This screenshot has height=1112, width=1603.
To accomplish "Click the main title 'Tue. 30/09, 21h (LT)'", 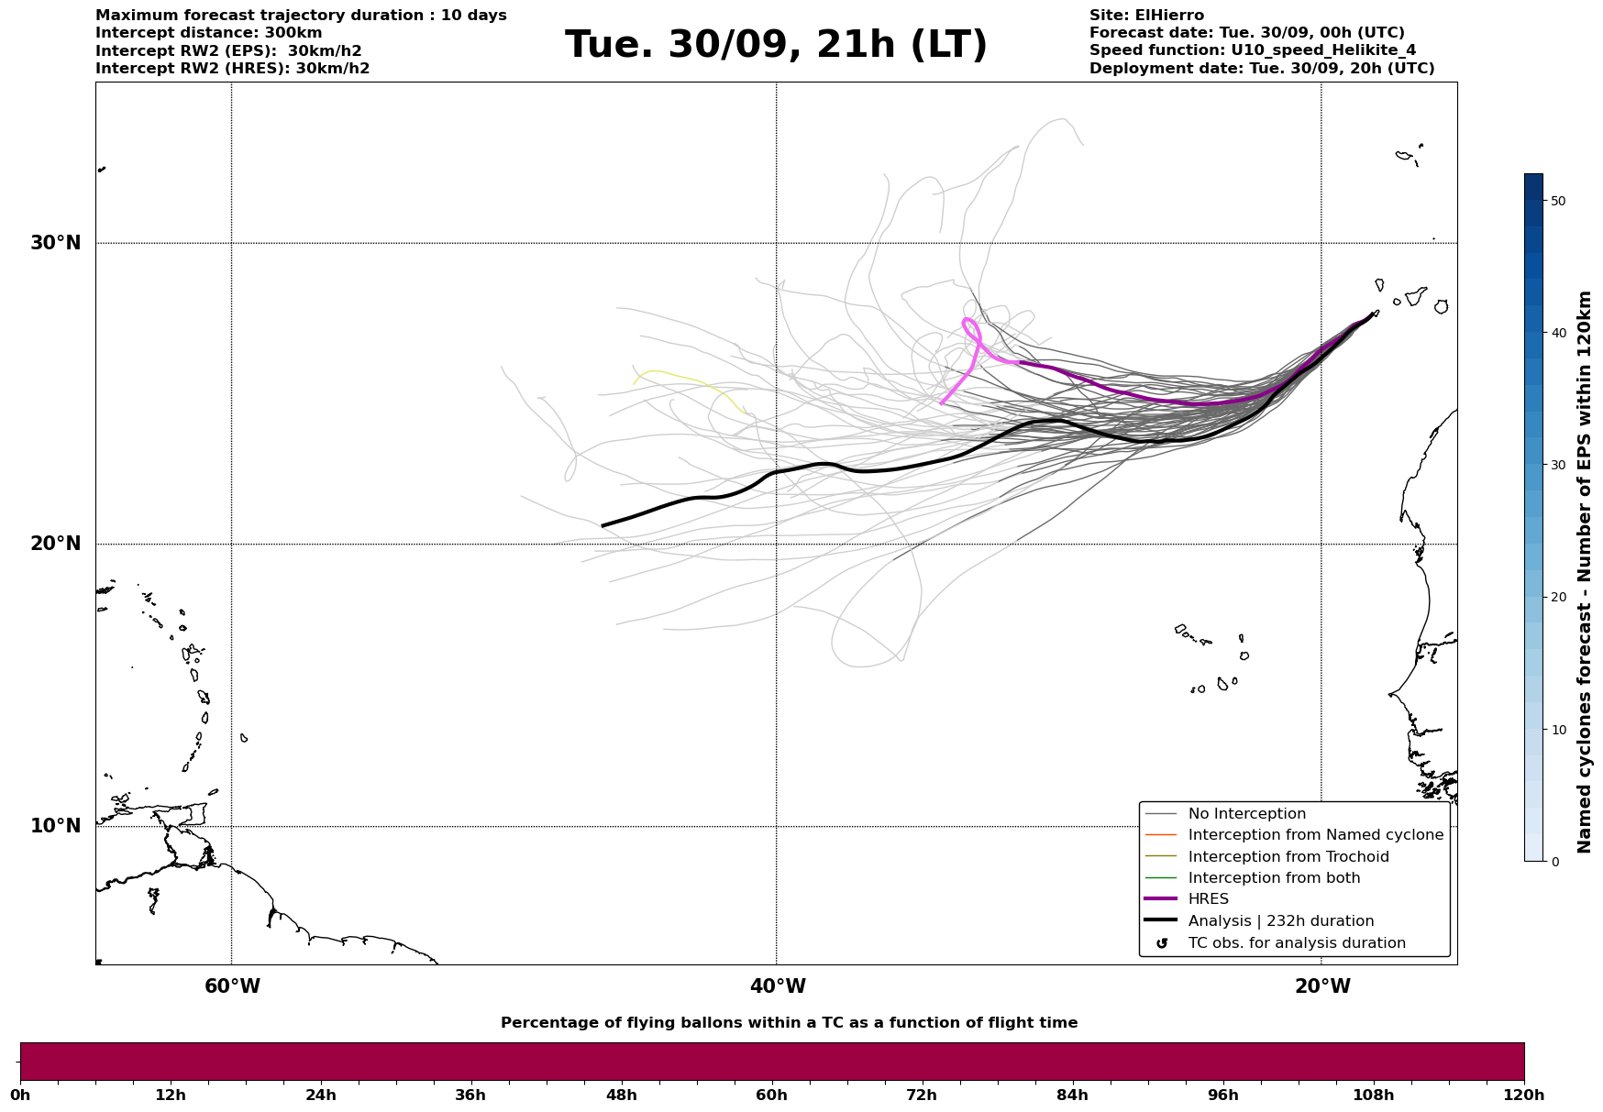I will (x=776, y=45).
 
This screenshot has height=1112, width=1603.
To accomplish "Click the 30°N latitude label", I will (x=55, y=243).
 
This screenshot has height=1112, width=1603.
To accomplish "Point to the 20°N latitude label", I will (x=55, y=544).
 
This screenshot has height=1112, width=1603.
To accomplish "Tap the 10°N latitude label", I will (x=55, y=826).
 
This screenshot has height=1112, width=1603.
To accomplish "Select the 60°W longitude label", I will (x=232, y=986).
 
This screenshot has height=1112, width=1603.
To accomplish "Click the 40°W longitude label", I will (x=778, y=986).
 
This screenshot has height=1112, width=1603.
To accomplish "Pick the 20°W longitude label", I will (x=1322, y=986).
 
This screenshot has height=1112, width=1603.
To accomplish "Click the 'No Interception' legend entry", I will (x=1246, y=814).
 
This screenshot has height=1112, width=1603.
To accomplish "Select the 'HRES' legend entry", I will (x=1208, y=899).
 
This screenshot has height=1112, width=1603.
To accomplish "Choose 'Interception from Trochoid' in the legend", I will (x=1288, y=857).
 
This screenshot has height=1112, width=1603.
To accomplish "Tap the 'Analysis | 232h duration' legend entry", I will (x=1280, y=921).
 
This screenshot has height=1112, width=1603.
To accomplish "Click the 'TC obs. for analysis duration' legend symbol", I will (x=1162, y=943).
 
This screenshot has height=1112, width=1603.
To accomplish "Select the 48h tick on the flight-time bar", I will (x=621, y=1095).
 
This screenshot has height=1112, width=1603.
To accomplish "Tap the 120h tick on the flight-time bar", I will (x=1523, y=1095).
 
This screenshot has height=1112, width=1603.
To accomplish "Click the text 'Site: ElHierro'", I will (x=1146, y=16).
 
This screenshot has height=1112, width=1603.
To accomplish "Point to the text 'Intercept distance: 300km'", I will (x=208, y=33).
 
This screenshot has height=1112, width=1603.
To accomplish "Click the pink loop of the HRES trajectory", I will (x=971, y=328).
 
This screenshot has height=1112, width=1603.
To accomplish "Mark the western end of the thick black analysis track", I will (x=603, y=525).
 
